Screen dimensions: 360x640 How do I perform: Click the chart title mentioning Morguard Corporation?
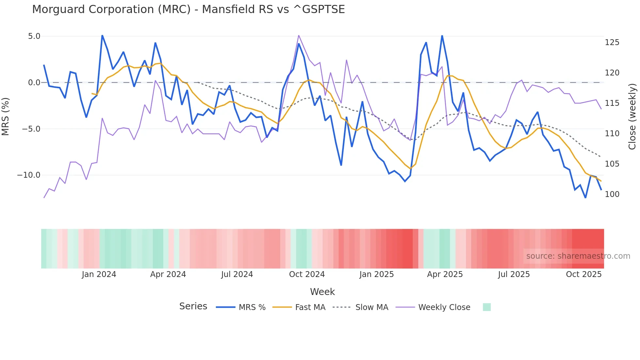pyautogui.click(x=188, y=9)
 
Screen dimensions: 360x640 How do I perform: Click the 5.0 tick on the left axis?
pyautogui.click(x=34, y=36)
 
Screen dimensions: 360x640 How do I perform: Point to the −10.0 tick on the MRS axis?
pyautogui.click(x=29, y=175)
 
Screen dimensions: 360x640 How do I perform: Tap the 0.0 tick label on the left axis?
pyautogui.click(x=34, y=83)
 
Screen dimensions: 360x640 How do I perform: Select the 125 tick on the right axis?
pyautogui.click(x=612, y=42)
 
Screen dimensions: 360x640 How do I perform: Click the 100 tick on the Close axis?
pyautogui.click(x=612, y=194)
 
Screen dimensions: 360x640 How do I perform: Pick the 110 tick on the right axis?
pyautogui.click(x=612, y=134)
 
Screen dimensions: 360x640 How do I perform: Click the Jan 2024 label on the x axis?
pyautogui.click(x=99, y=274)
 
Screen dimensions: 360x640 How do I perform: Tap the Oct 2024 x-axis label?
pyautogui.click(x=307, y=274)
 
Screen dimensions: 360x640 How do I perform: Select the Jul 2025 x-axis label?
pyautogui.click(x=514, y=274)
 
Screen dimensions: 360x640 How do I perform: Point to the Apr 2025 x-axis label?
pyautogui.click(x=445, y=274)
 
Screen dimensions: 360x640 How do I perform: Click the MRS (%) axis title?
pyautogui.click(x=6, y=116)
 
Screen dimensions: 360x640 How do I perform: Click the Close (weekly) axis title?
pyautogui.click(x=632, y=117)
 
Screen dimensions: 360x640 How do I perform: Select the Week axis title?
pyautogui.click(x=322, y=292)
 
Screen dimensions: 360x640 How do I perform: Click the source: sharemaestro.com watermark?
pyautogui.click(x=578, y=256)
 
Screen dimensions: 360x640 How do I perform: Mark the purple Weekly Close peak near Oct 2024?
pyautogui.click(x=298, y=35)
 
